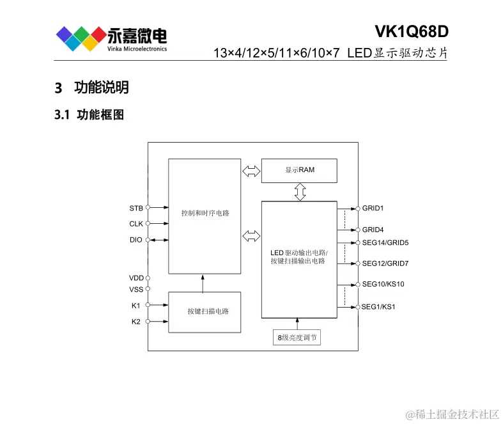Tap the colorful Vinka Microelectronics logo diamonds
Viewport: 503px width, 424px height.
80,38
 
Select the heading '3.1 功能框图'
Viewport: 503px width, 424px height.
89,115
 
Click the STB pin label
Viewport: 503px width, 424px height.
136,208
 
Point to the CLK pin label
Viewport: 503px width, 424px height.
136,224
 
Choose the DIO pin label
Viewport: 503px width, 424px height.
136,240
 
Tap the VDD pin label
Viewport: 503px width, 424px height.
136,278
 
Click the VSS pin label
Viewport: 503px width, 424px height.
136,290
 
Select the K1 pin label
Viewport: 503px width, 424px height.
135,306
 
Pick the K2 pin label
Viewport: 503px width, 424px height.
135,322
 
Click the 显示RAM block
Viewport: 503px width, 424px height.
299,170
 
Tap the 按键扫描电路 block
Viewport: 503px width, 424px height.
205,311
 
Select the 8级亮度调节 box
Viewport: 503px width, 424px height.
297,338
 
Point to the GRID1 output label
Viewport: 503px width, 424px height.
373,208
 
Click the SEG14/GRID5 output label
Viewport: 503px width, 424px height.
385,242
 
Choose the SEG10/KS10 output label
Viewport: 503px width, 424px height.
383,284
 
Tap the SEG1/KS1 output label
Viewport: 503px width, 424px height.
378,307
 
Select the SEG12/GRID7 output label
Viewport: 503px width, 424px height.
385,263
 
